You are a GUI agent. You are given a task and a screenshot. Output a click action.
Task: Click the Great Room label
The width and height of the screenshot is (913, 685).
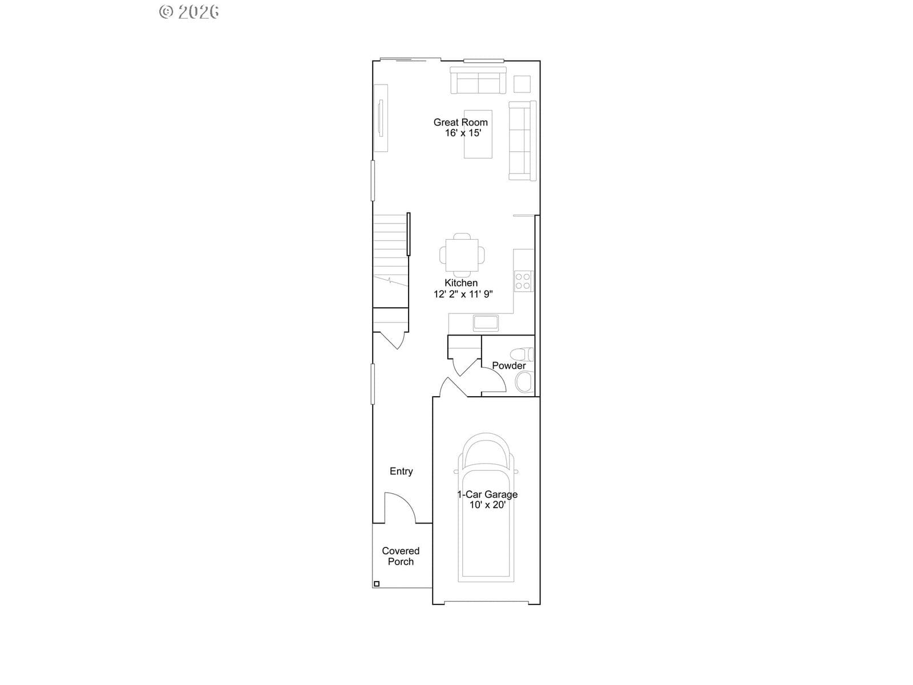tap(460, 122)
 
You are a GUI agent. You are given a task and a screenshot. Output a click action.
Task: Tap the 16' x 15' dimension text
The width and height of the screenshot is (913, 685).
tap(463, 133)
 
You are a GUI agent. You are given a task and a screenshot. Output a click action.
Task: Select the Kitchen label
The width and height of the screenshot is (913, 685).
tap(461, 283)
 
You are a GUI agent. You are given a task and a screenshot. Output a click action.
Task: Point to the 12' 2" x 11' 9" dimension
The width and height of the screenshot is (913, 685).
tap(463, 294)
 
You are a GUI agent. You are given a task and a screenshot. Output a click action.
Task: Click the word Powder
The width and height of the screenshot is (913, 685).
tap(508, 365)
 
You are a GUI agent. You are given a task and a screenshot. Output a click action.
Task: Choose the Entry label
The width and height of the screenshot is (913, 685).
tap(401, 472)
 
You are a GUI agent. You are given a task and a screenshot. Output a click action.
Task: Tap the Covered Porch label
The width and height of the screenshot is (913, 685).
tap(401, 556)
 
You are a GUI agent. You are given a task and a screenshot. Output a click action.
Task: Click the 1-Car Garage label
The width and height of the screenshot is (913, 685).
tap(487, 494)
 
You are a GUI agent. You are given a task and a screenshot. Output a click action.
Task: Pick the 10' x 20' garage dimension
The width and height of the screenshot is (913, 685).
tap(487, 505)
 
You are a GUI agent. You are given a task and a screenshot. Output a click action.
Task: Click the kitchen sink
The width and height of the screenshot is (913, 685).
tap(486, 323)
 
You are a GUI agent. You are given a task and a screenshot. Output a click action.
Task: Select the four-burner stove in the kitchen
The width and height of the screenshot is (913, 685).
tap(523, 281)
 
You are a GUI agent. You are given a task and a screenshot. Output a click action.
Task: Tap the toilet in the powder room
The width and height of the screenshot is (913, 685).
tap(522, 354)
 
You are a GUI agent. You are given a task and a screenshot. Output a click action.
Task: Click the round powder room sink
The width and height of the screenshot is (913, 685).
tap(524, 382)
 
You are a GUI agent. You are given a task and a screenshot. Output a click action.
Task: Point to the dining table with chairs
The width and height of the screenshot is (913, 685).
tap(462, 255)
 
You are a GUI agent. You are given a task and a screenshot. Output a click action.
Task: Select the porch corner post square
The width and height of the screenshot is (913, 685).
tap(377, 584)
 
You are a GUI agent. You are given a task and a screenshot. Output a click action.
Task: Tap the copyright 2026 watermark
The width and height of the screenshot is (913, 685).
tap(189, 12)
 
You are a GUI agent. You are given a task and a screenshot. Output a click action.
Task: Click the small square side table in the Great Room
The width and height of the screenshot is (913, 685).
tap(522, 84)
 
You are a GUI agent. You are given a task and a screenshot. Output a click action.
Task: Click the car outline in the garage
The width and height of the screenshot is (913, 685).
tap(486, 507)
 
